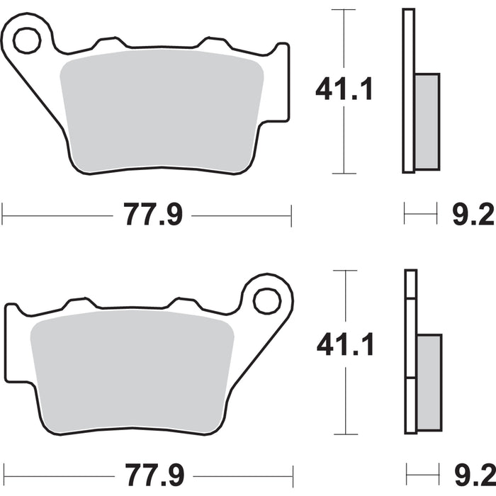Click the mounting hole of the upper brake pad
pyautogui.click(x=27, y=40)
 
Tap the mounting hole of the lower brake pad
pyautogui.click(x=267, y=301)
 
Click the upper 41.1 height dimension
pyautogui.click(x=344, y=90)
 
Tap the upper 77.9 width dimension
pyautogui.click(x=154, y=215)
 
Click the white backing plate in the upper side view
pyautogui.click(x=408, y=91)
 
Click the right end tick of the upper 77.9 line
pyautogui.click(x=291, y=215)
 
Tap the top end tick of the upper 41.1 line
pyautogui.click(x=344, y=10)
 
